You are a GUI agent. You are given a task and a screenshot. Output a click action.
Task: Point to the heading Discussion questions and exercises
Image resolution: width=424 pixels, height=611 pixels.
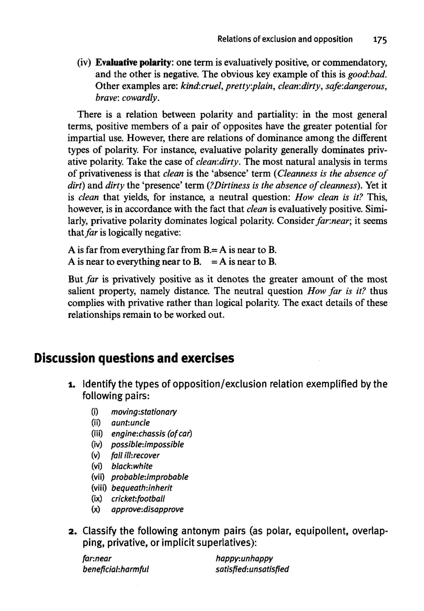134,358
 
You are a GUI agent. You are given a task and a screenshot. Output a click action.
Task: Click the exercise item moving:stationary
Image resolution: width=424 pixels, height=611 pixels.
144,412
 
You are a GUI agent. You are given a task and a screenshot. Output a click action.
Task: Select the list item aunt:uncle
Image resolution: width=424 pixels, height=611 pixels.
130,423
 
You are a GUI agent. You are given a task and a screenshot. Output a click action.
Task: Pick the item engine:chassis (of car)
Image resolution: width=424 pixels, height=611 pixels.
151,434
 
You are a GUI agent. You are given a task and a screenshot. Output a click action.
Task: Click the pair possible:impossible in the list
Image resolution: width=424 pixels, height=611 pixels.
147,445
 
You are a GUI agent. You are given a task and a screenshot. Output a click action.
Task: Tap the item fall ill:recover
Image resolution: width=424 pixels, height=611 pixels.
135,455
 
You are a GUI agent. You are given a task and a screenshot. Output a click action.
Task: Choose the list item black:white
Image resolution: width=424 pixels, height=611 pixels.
132,466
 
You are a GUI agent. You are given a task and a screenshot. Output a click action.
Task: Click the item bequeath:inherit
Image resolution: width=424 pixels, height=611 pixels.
142,488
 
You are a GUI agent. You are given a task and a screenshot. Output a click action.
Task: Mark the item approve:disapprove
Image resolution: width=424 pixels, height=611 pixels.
147,510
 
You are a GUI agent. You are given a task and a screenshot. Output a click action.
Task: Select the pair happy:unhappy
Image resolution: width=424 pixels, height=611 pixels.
244,558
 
